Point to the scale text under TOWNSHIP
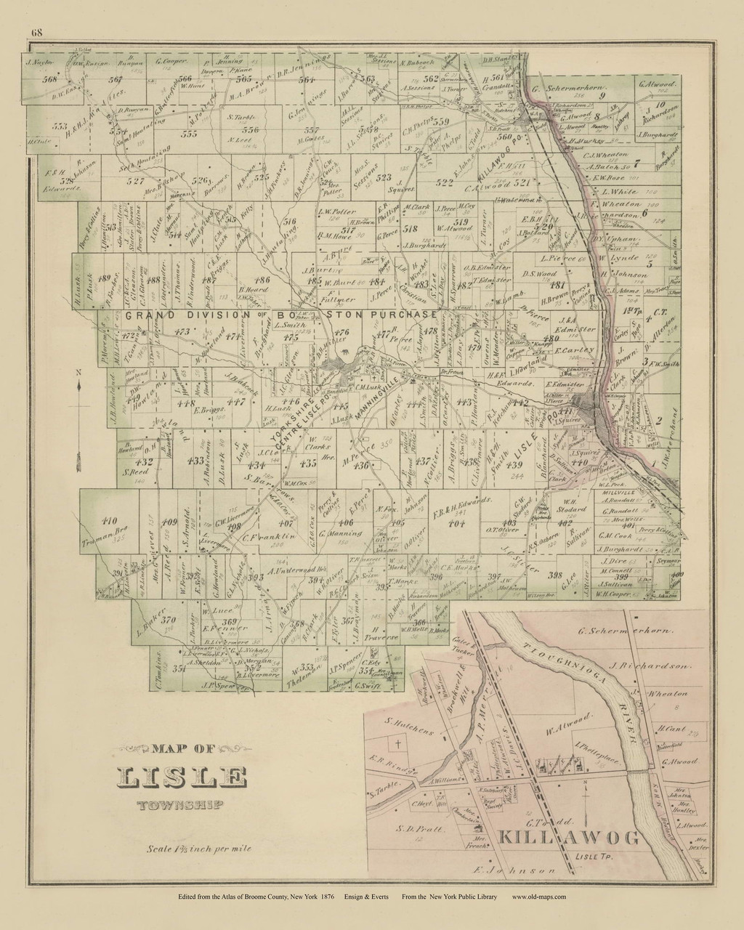click(x=192, y=849)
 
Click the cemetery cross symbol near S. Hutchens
click(x=397, y=745)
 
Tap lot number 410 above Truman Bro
click(x=110, y=520)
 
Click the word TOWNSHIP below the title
click(x=181, y=804)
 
